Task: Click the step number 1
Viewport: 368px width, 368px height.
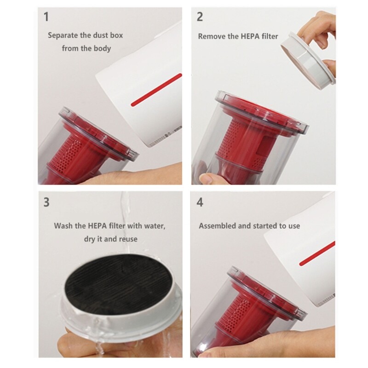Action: pos(46,17)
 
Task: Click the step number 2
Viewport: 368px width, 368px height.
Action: pos(200,17)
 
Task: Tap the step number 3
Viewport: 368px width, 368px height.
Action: pos(46,202)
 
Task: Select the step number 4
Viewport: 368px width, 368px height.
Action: pos(200,202)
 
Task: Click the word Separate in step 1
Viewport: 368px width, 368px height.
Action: pos(63,35)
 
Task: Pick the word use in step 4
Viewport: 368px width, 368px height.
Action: pos(294,226)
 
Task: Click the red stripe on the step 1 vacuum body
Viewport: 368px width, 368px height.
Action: pos(156,90)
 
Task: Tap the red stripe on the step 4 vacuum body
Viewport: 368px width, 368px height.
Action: pos(317,253)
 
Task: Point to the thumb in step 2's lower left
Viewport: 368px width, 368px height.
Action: pos(207,179)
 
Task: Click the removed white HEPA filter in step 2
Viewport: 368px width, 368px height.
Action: pos(307,61)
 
